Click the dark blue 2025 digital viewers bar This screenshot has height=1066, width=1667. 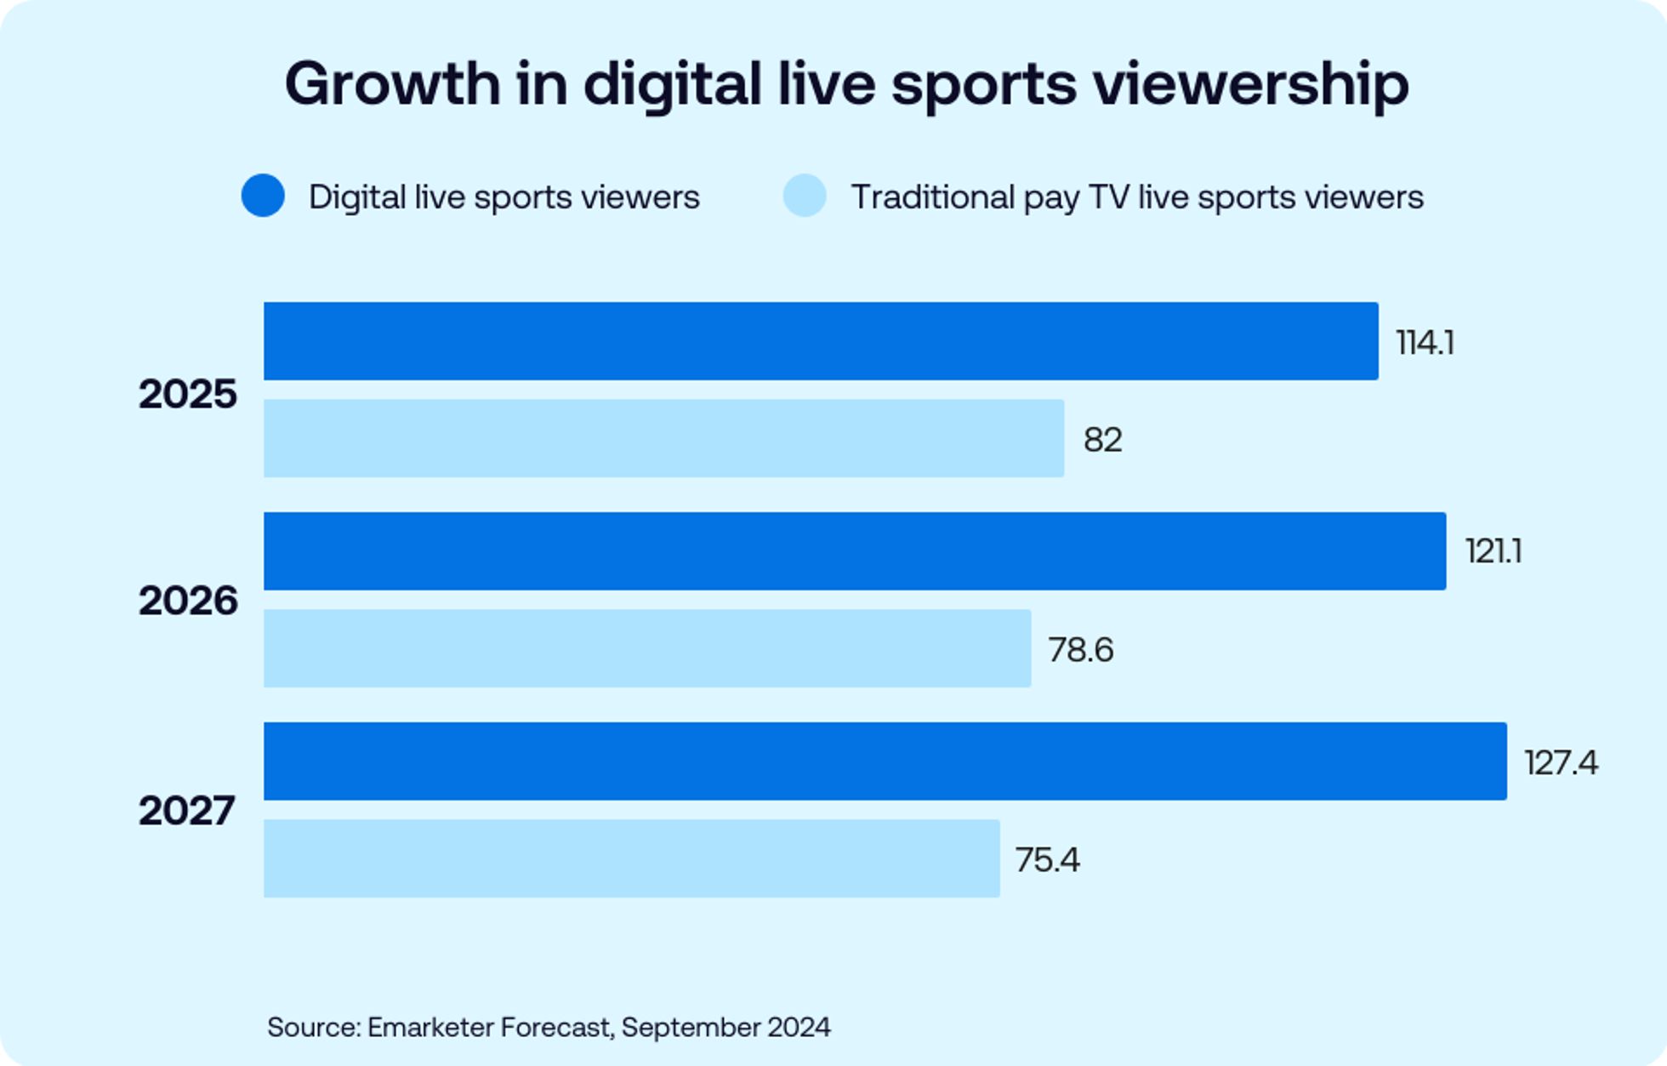tap(821, 341)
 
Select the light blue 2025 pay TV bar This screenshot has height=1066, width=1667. tap(663, 438)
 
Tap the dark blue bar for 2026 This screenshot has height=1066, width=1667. tap(855, 551)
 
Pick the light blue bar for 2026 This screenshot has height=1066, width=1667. tap(647, 648)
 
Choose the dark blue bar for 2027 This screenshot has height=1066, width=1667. tap(885, 761)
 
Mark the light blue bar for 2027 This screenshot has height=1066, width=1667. tap(631, 858)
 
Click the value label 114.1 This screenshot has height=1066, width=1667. tap(1425, 343)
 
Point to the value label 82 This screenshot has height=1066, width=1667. tap(1102, 440)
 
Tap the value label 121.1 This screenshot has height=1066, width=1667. tap(1493, 552)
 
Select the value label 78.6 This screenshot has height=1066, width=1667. tap(1080, 650)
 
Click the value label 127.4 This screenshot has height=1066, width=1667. tap(1561, 763)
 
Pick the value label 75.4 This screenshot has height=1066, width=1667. tap(1047, 860)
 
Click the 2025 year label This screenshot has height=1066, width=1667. tap(187, 395)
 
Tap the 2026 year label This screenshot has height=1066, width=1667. tap(187, 601)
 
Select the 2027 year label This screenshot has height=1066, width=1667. tap(186, 811)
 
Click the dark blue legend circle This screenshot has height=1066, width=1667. tap(263, 196)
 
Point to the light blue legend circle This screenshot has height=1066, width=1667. tap(805, 196)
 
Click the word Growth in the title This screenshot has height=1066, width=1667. tap(392, 84)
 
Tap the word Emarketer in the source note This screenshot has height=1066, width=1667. tap(430, 1027)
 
